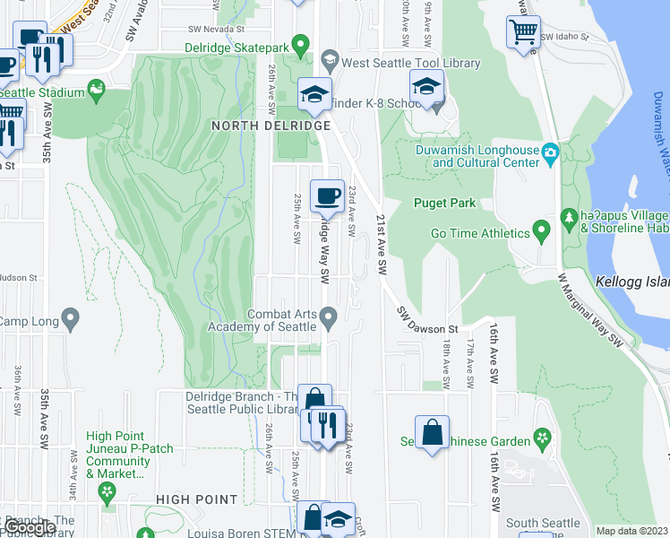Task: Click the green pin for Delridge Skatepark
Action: (x=302, y=43)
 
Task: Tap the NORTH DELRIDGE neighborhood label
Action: (x=259, y=126)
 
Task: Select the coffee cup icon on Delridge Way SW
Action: (x=327, y=195)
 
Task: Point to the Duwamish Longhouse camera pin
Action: (x=550, y=156)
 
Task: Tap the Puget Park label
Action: (x=444, y=203)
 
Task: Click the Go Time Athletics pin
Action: (x=541, y=233)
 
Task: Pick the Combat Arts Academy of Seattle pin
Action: (x=329, y=317)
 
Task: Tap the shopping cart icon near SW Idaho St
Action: (x=523, y=32)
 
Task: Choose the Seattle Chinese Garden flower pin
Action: (x=541, y=439)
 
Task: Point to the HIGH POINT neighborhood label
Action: (x=197, y=499)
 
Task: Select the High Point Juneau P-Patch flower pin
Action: (x=107, y=490)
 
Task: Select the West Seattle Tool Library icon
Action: (x=330, y=63)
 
